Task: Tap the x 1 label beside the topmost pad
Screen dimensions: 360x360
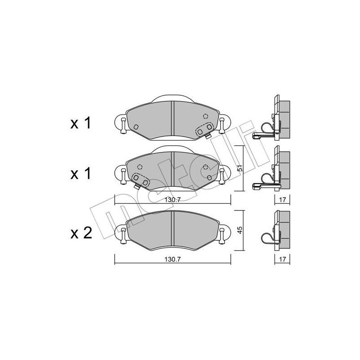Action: pos(81,123)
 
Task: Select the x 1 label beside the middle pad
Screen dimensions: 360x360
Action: pos(81,173)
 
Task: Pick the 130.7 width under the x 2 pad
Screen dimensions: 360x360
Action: pos(172,260)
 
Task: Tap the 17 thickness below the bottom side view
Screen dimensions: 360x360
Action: pos(282,260)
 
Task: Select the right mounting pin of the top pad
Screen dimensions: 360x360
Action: pos(222,125)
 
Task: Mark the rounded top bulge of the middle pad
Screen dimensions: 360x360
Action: pos(173,150)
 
